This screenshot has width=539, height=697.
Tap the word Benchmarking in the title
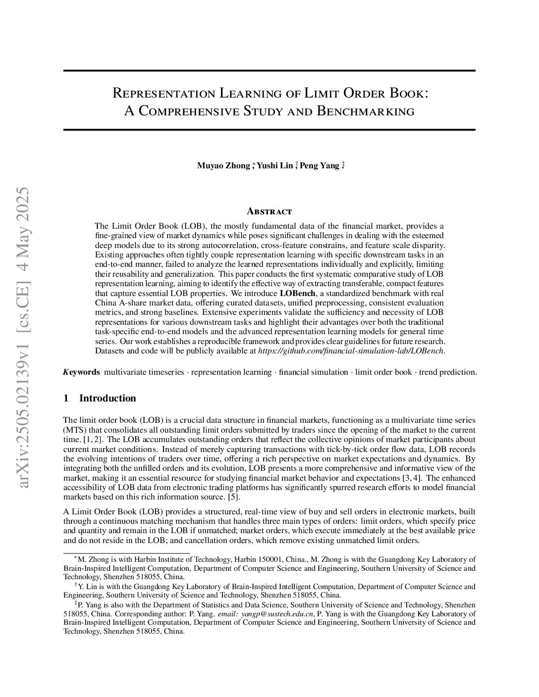(365, 111)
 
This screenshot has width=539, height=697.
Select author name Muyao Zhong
(223, 166)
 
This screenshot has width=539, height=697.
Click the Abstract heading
(269, 212)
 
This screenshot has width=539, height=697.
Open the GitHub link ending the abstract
(351, 351)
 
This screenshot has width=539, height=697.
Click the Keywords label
(82, 372)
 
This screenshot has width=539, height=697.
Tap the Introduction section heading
(108, 398)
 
